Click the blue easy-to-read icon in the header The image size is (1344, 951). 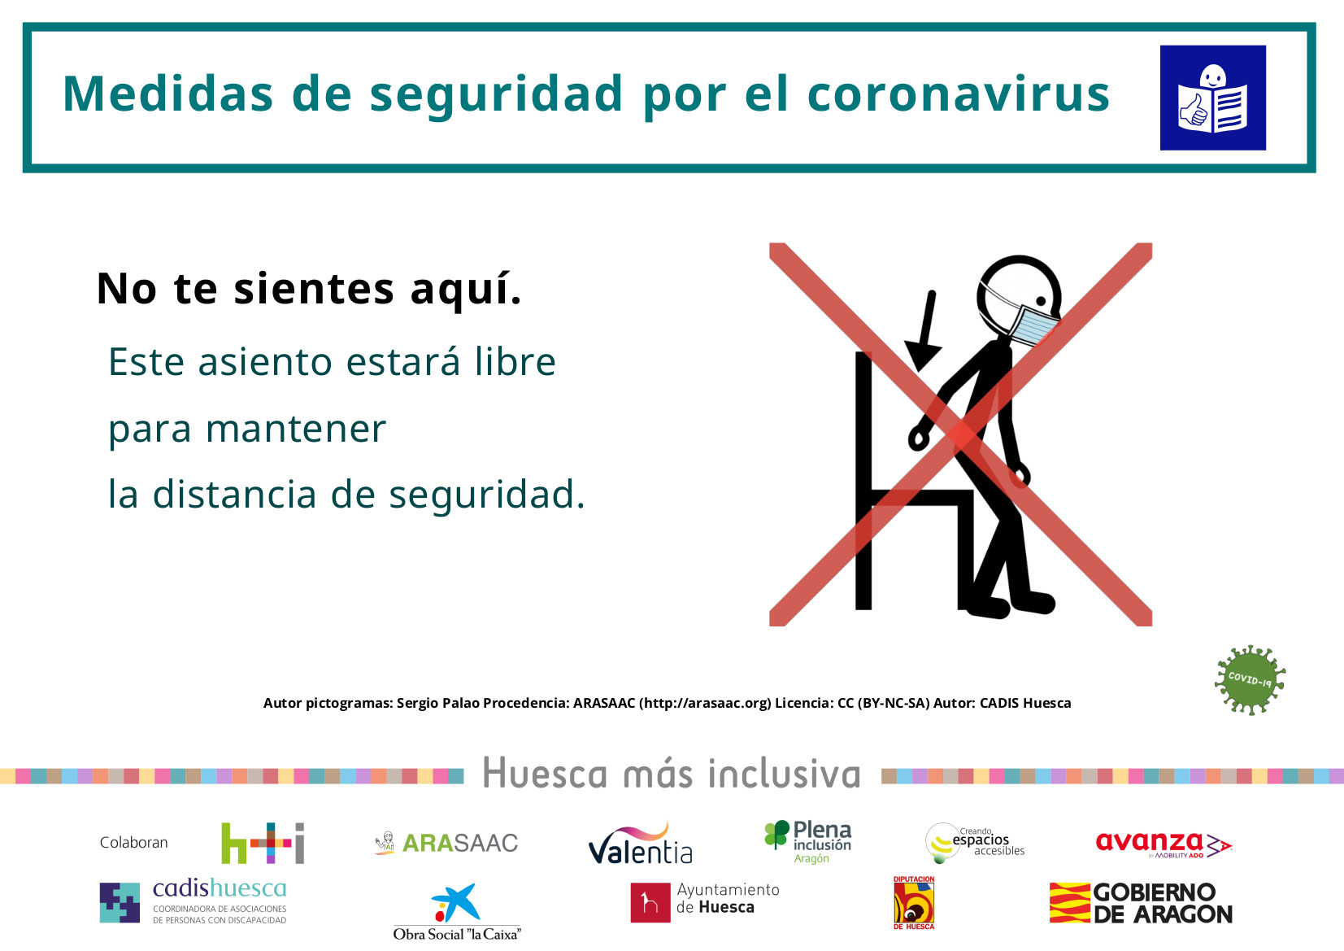(1212, 98)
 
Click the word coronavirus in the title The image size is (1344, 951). (959, 94)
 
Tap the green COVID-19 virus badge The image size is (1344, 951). (1250, 679)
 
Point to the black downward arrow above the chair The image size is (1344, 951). (924, 331)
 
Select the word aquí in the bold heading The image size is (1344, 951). (466, 290)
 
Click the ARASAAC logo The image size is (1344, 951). (446, 842)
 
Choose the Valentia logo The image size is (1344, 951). (640, 844)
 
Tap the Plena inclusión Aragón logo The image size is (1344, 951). (807, 842)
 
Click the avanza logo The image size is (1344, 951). (1163, 844)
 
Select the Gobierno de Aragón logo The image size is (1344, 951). (1141, 903)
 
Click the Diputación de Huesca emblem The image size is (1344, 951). (914, 903)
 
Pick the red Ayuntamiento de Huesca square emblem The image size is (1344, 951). (650, 902)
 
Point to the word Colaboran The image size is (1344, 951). (134, 842)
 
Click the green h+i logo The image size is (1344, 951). (263, 843)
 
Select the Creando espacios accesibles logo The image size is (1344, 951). (975, 843)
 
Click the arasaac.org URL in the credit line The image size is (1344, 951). (705, 703)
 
